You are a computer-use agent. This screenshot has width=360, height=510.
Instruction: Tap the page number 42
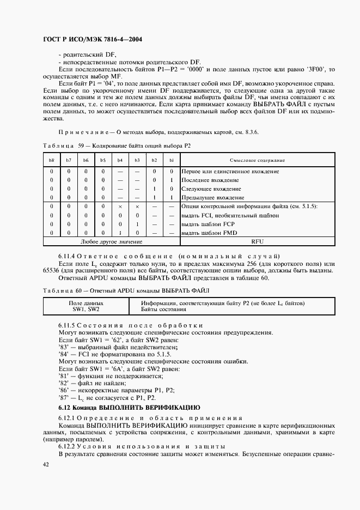(46, 464)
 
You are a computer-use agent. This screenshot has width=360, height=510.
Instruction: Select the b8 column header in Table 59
(52, 160)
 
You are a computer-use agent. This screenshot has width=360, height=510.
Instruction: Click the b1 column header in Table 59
(171, 160)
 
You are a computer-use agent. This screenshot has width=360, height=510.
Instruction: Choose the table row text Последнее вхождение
(210, 180)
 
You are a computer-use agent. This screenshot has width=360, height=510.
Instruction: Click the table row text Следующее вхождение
(211, 189)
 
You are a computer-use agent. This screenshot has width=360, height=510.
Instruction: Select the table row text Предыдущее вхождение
(212, 197)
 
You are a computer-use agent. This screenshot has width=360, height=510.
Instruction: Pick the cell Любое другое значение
(111, 241)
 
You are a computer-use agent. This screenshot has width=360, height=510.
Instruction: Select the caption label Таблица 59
(59, 146)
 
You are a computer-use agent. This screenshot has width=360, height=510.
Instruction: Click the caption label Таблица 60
(59, 291)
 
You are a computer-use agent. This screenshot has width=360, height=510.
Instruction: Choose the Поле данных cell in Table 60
(86, 303)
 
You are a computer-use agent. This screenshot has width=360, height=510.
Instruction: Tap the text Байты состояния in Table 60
(163, 309)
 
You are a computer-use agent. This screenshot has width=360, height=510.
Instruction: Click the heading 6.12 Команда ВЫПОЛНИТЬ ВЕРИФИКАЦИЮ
(129, 407)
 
